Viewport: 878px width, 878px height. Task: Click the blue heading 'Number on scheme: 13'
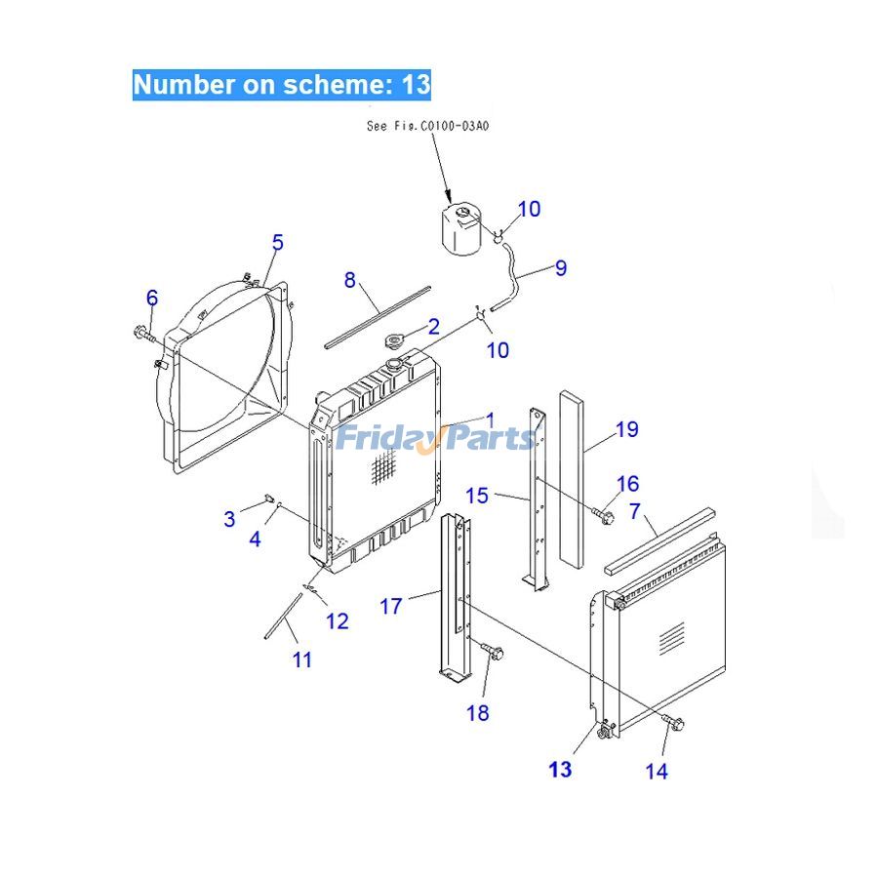(x=281, y=84)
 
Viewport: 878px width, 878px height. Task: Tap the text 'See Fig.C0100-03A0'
(x=426, y=126)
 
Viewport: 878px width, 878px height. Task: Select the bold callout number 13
(x=560, y=770)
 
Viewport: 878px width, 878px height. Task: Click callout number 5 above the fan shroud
(x=277, y=242)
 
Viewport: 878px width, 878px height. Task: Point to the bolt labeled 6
(x=143, y=334)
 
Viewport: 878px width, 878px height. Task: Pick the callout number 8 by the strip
(x=349, y=280)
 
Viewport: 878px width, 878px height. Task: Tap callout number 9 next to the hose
(x=560, y=267)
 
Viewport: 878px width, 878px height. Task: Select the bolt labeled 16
(x=602, y=513)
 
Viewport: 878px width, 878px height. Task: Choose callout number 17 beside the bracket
(x=390, y=606)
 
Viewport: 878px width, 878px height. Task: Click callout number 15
(x=476, y=496)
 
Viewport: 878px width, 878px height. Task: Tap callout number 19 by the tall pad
(x=626, y=428)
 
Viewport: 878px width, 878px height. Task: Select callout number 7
(x=635, y=511)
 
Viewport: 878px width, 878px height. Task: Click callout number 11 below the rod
(x=302, y=659)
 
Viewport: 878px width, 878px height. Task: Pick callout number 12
(x=337, y=620)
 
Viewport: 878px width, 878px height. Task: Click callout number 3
(x=229, y=518)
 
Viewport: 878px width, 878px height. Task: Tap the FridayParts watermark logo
(x=436, y=438)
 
